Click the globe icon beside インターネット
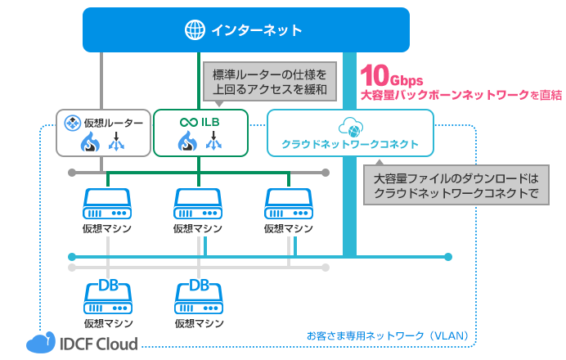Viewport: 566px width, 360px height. (195, 31)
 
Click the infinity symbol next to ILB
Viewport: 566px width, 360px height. (187, 123)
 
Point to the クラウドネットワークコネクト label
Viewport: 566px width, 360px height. (350, 144)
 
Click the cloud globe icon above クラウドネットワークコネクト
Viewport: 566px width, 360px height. (349, 126)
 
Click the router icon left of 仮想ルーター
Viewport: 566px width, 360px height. (72, 124)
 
